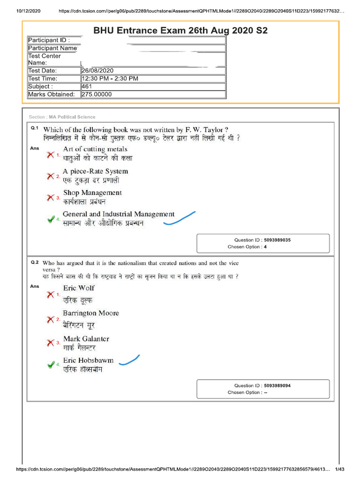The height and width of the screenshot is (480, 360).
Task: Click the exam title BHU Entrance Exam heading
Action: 180,31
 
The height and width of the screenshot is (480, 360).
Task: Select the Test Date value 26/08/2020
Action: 97,71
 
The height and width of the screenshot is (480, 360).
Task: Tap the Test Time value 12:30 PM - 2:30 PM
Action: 110,79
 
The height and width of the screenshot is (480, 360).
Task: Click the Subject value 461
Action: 87,86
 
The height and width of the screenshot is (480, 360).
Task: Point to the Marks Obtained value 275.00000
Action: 97,94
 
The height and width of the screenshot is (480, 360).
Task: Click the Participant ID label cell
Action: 49,40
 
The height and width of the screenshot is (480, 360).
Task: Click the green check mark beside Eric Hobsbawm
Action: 51,365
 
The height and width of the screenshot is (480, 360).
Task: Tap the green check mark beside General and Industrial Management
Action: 51,219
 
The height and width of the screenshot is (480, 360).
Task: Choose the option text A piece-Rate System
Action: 95,172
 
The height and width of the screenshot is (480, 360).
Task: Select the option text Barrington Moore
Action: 91,313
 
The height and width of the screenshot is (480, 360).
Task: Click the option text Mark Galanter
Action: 86,339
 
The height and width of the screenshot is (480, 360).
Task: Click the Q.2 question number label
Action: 35,263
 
